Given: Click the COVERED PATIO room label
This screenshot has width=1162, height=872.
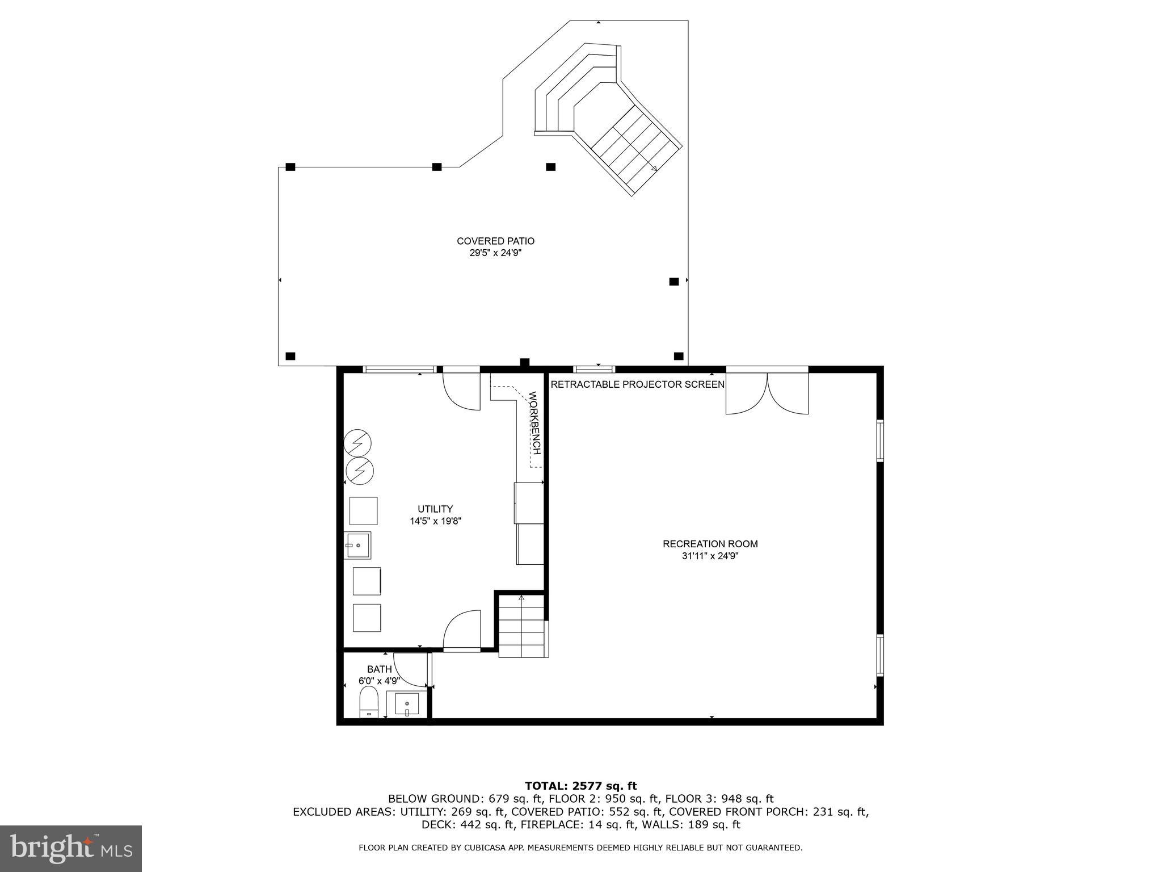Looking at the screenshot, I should pos(495,241).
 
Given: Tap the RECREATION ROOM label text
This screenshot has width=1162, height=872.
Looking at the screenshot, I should pos(710,544).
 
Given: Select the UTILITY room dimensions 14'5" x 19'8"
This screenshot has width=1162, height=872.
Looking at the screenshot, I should pos(435,521).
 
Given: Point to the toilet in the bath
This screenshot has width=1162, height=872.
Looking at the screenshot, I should pos(369,702).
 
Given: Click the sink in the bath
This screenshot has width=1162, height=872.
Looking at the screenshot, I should pos(407,705).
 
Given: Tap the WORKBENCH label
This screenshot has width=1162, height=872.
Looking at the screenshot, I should pos(534,423).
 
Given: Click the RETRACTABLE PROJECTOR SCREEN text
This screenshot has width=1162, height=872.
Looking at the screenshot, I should pos(637,384).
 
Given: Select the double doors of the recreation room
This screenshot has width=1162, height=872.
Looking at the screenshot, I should pos(767,393).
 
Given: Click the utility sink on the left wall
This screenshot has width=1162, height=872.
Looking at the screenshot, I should pos(357,546).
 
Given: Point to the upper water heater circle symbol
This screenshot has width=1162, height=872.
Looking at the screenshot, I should pos(358,443).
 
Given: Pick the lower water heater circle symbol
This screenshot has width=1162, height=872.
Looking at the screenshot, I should pos(360,471).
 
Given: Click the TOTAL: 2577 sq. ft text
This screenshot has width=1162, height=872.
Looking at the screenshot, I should pos(580,786).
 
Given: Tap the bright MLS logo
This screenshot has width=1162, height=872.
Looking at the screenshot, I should pos(71,849).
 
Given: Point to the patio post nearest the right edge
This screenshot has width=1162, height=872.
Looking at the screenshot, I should pos(674,282).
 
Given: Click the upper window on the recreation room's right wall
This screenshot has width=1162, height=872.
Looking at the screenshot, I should pos(880,441).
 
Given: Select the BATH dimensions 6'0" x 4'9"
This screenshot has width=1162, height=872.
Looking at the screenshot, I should pos(379,681).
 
